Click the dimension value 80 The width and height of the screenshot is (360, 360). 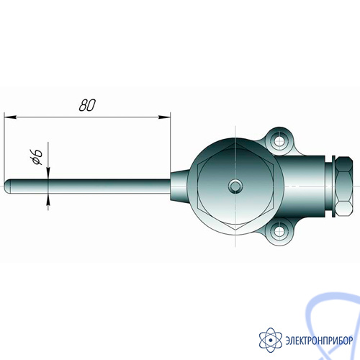coord(87,105)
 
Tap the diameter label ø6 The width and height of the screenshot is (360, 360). coord(37,157)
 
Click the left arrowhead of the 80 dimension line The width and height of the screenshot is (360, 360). coord(10,117)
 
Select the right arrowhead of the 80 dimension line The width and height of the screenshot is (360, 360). coord(164,117)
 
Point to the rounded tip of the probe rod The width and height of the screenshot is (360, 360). coord(7,186)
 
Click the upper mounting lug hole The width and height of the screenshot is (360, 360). coord(279,140)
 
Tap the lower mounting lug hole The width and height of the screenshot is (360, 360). coord(279,232)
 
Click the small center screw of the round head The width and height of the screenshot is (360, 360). coord(235,186)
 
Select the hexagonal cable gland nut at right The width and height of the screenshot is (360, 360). coord(344,186)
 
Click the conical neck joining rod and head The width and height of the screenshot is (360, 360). coord(179,186)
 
